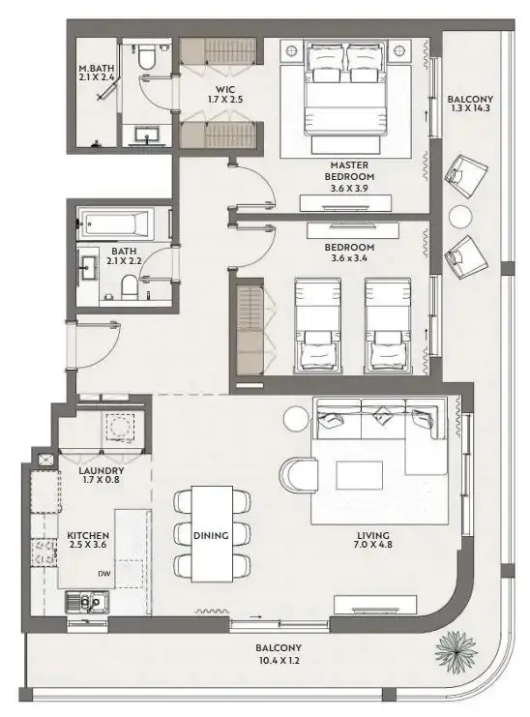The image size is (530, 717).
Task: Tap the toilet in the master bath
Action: pos(147,56)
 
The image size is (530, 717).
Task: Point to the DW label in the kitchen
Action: pos(103,574)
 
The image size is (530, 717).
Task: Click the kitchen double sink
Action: pos(87,603)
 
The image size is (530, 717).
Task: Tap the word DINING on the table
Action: pos(211,535)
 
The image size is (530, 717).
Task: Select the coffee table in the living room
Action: pos(359,475)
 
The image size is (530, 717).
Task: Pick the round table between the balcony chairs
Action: pos(460,217)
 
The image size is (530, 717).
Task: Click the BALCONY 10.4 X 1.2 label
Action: pos(279,654)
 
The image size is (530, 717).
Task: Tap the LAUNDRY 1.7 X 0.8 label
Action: pos(101,475)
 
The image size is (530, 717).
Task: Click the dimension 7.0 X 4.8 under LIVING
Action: pos(372,545)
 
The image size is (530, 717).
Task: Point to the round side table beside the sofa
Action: pos(296,418)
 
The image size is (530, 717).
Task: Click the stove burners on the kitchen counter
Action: pos(44,553)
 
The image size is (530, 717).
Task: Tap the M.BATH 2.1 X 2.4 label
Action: pos(96,74)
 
